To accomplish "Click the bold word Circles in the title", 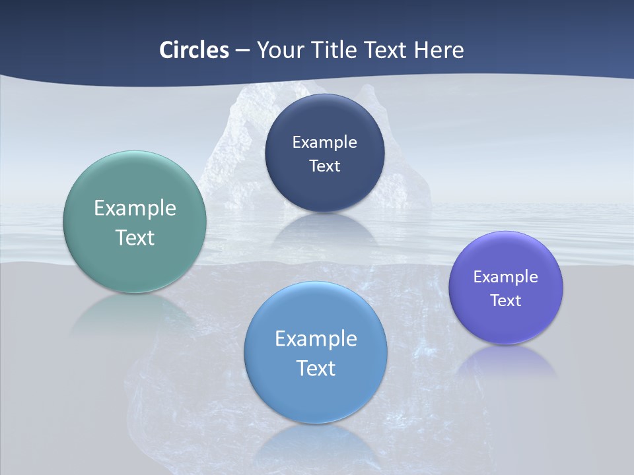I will (x=194, y=50).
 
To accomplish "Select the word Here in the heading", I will (x=439, y=50).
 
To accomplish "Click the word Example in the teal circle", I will (x=135, y=208).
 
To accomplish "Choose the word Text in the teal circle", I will (x=135, y=237).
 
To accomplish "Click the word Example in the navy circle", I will (x=324, y=142).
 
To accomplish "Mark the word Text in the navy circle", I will (x=324, y=166).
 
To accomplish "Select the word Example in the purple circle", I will (x=506, y=276).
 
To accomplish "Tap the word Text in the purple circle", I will (x=506, y=300).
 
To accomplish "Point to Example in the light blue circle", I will (x=316, y=339).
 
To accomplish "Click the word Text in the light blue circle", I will (x=316, y=368).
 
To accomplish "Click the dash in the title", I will (x=242, y=50).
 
